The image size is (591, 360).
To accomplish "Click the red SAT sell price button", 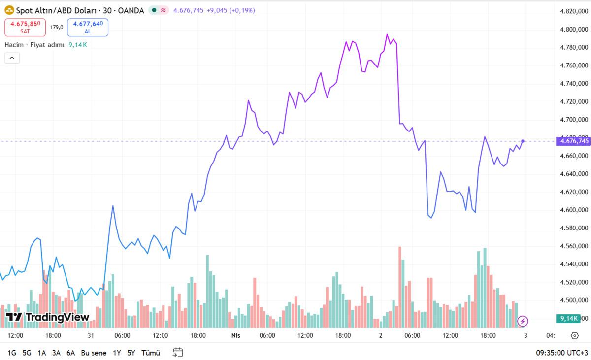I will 25,27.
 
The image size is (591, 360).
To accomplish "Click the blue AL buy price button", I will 88,27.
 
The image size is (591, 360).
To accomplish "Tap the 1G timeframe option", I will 12,353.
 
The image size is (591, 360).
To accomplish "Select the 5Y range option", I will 131,353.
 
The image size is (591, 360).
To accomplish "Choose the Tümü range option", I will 151,353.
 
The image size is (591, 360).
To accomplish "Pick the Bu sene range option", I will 94,353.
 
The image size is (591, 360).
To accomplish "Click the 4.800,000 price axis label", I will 575,30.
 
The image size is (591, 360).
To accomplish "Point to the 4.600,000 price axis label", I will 575,210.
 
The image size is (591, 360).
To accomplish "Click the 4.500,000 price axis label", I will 575,300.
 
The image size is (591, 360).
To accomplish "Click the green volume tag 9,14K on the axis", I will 568,319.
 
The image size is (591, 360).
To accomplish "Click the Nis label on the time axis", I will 235,335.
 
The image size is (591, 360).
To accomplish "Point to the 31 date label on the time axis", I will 91,335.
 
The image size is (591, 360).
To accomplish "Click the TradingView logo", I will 47,317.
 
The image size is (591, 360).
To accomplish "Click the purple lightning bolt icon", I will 523,321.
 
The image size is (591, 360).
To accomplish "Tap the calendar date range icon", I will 178,352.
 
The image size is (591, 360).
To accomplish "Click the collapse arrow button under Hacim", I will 12,58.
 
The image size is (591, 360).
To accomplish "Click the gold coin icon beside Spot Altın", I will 9,10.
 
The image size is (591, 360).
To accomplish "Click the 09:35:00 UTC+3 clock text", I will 561,353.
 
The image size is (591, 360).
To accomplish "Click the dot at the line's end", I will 523,141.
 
